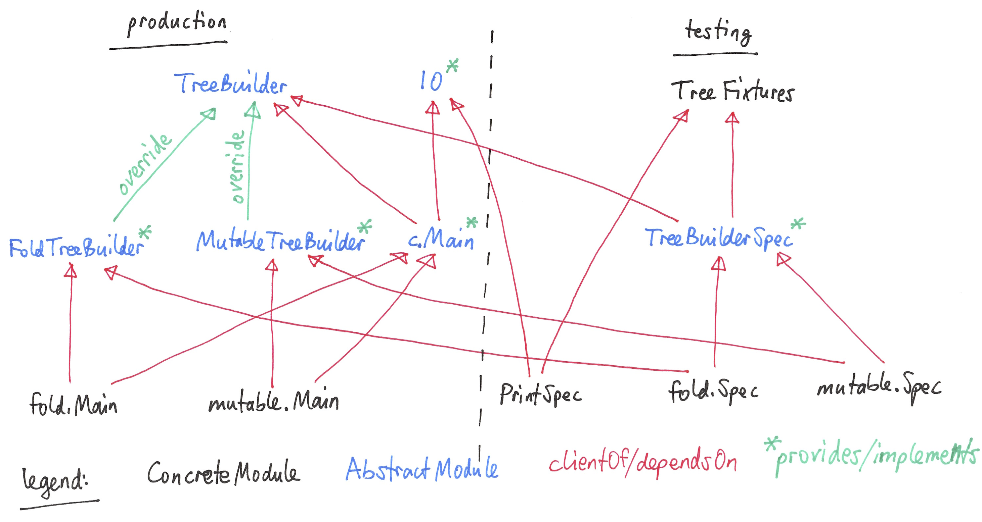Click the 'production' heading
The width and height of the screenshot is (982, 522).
pos(177,23)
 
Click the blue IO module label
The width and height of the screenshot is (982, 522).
pos(431,81)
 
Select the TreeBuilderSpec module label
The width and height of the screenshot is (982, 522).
pos(718,238)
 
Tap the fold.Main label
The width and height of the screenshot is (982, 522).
pos(73,404)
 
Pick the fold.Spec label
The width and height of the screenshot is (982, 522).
pos(713,391)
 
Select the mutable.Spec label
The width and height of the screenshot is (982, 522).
pos(879,388)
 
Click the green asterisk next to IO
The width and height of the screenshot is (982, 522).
pos(452,65)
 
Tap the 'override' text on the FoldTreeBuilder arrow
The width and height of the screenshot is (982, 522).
pos(144,164)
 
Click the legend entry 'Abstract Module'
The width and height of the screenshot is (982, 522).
pos(421,469)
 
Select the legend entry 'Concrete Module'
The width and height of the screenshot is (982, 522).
pos(223,473)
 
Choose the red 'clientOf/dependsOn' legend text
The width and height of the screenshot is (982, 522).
pos(643,463)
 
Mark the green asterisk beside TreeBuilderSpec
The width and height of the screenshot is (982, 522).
pos(798,224)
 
